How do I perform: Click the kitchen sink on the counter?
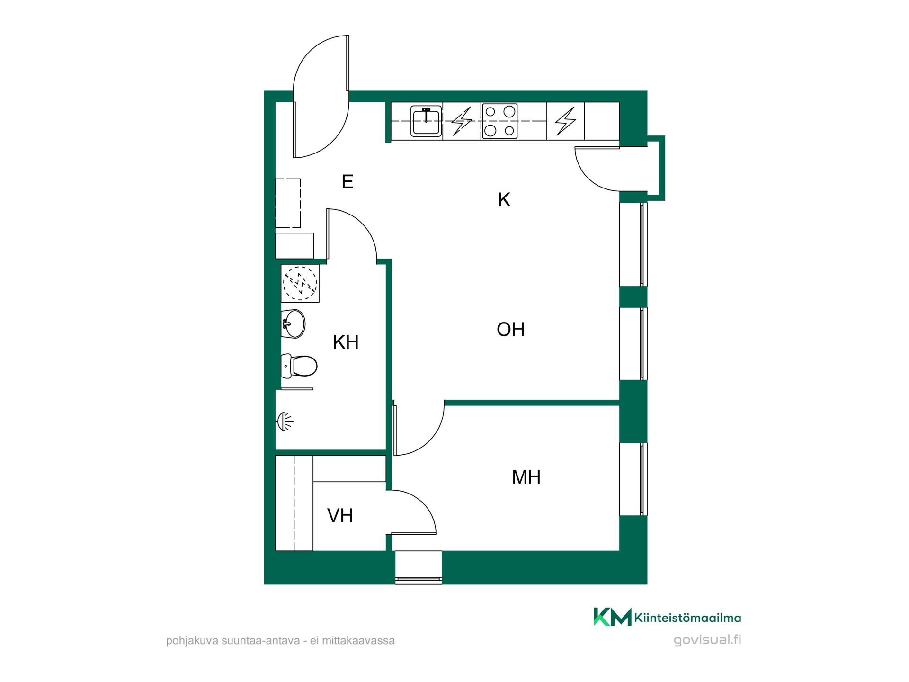(x=426, y=121)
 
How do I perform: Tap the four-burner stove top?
(x=499, y=121)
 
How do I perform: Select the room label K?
(x=504, y=200)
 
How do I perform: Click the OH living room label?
(x=510, y=329)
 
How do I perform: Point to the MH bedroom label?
(x=526, y=477)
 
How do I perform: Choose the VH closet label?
(x=340, y=516)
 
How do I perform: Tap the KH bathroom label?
(x=346, y=342)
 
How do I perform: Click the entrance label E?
(x=348, y=182)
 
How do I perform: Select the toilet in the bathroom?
(x=299, y=366)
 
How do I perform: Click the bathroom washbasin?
(x=293, y=324)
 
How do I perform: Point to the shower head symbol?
(x=285, y=421)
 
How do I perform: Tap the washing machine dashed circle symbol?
(x=300, y=283)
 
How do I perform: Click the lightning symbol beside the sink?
(x=462, y=121)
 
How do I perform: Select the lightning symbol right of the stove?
(x=565, y=121)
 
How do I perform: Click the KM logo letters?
(x=613, y=617)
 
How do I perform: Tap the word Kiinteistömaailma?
(x=687, y=618)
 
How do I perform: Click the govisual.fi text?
(x=707, y=640)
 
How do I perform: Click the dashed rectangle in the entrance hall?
(x=288, y=203)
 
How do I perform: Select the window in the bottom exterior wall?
(x=419, y=567)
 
